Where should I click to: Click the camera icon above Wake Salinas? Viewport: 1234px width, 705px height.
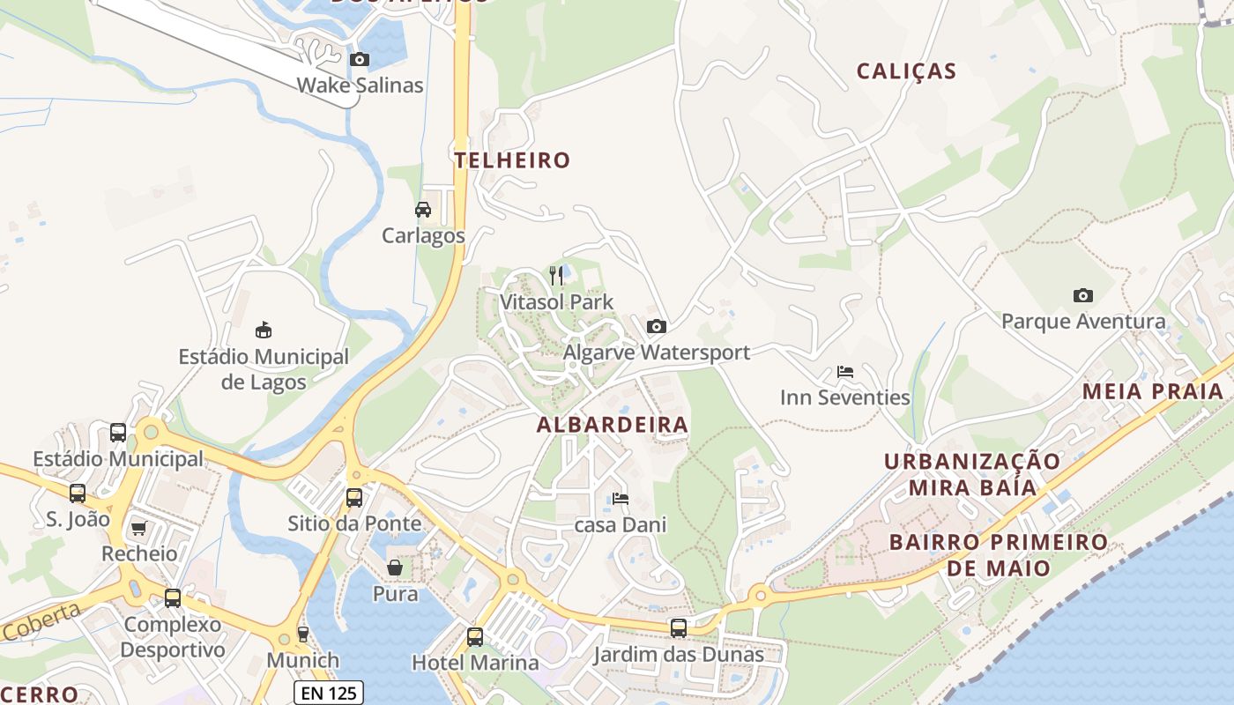[359, 60]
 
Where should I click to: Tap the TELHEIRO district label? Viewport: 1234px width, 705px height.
[512, 160]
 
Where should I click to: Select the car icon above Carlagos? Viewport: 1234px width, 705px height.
[423, 210]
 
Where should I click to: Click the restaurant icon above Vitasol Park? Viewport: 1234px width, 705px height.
[556, 276]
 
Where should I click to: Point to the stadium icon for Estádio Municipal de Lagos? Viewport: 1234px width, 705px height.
[263, 330]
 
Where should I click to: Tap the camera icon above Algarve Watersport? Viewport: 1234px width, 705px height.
[656, 327]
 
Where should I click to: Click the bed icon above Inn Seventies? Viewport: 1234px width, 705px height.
[844, 372]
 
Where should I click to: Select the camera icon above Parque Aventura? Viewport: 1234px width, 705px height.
[1082, 295]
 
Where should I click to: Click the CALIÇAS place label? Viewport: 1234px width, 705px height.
[907, 71]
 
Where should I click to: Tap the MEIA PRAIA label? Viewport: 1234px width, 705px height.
[1153, 391]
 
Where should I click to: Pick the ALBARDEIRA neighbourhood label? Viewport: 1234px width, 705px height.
[613, 425]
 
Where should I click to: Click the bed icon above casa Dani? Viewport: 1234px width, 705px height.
[620, 499]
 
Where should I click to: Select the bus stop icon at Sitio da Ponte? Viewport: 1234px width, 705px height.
[354, 498]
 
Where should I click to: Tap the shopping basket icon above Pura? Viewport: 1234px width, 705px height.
[395, 568]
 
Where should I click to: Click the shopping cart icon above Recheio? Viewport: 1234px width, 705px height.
[138, 528]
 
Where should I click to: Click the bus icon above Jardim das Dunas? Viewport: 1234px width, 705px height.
[678, 628]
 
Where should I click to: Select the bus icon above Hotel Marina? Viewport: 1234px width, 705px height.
[475, 636]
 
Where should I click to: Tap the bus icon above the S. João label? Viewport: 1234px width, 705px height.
[78, 493]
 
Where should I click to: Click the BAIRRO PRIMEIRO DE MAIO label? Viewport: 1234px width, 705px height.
[999, 553]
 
